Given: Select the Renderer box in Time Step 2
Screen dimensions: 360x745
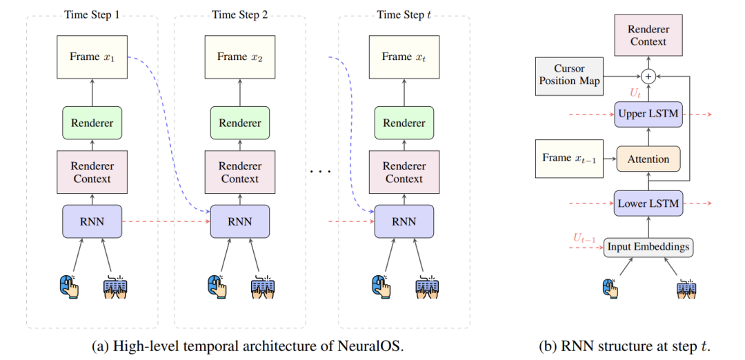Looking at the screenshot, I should (x=239, y=123).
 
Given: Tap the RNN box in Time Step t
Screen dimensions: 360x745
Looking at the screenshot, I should (x=404, y=221).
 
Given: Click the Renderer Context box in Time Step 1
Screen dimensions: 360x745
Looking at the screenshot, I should (x=92, y=172).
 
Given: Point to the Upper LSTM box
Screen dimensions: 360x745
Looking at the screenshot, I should (x=648, y=112).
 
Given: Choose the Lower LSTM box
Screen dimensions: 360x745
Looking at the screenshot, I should (x=648, y=203).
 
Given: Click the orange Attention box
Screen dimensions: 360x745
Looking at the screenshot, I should (x=648, y=159).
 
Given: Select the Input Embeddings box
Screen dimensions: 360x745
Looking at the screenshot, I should (x=648, y=247).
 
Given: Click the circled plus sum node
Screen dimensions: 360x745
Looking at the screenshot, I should (x=648, y=76).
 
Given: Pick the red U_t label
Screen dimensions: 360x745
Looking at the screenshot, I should (x=635, y=92).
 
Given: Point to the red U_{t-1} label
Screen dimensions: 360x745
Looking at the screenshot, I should (x=586, y=238).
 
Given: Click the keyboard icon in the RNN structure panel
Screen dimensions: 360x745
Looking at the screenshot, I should (x=686, y=287).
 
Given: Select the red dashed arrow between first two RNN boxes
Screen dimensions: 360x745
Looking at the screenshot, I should (x=166, y=221).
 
